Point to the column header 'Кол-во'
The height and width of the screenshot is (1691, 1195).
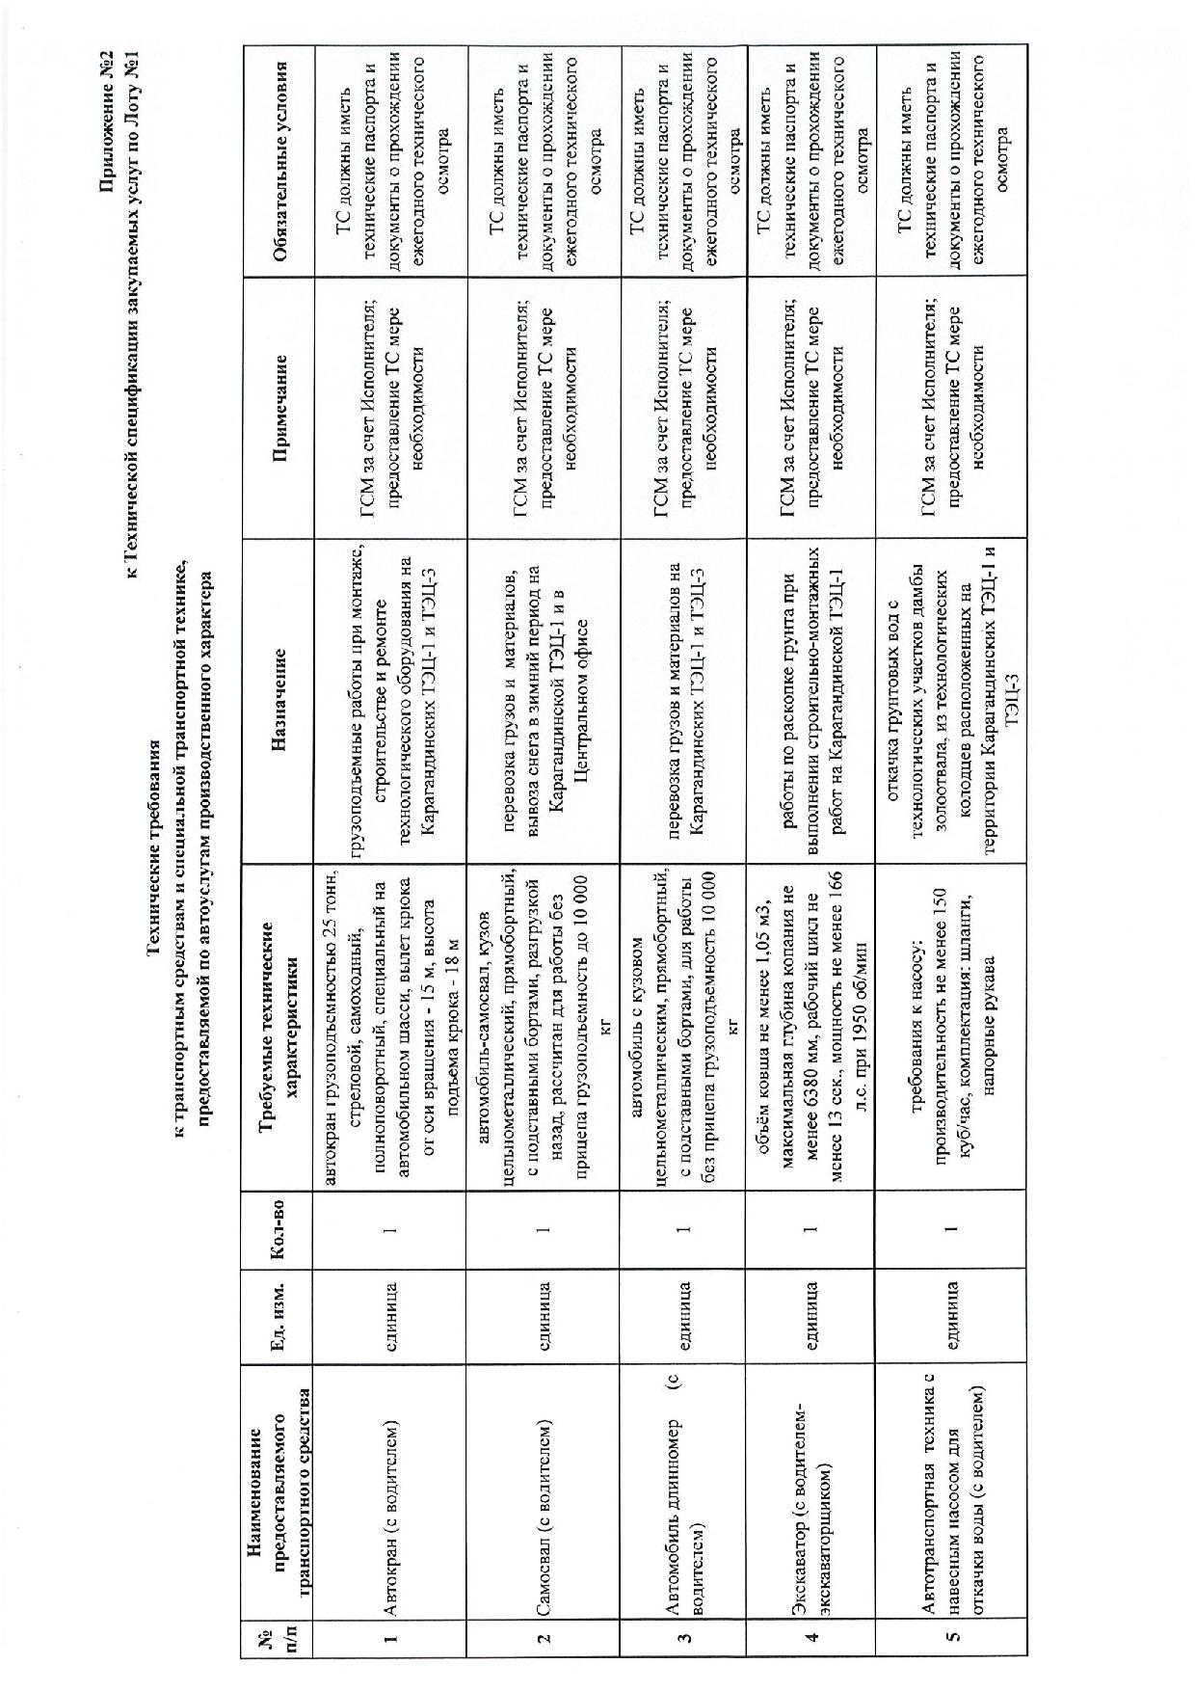tap(279, 1228)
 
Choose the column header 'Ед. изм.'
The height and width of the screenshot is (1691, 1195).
tap(279, 1314)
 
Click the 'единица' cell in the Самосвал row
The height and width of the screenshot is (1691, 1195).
tap(543, 1314)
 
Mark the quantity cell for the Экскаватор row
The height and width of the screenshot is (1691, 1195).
tap(810, 1228)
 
